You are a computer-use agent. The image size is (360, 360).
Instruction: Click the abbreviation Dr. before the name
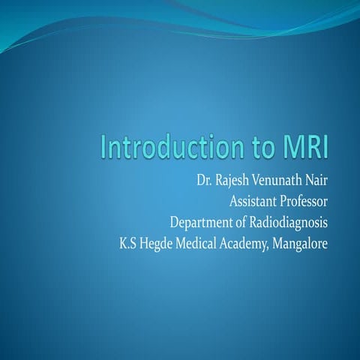pos(205,181)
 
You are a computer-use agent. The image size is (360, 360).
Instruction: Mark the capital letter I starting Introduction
pos(105,146)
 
